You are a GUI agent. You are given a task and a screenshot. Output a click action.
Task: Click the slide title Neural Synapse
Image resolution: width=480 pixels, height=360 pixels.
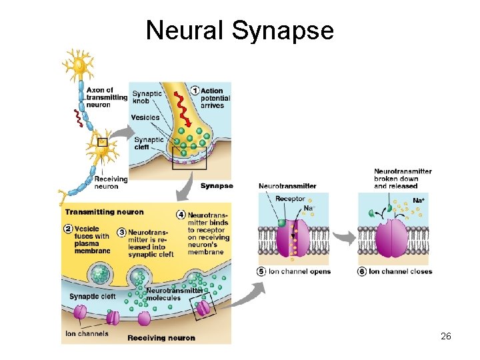pyautogui.click(x=239, y=30)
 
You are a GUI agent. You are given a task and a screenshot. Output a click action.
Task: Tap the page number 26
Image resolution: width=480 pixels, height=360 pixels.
pyautogui.click(x=446, y=336)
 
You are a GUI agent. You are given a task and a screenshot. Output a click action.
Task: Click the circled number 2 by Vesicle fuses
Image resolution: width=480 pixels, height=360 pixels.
pyautogui.click(x=68, y=228)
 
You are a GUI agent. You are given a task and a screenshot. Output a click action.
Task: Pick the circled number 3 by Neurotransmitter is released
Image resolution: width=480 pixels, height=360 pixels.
pyautogui.click(x=121, y=232)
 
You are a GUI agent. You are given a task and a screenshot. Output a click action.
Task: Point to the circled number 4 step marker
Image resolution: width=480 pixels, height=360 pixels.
pyautogui.click(x=181, y=215)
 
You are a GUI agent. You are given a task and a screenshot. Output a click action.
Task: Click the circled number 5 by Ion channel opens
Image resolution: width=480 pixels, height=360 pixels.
pyautogui.click(x=261, y=271)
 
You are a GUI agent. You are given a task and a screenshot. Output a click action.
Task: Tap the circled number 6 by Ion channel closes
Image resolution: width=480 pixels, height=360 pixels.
pyautogui.click(x=362, y=271)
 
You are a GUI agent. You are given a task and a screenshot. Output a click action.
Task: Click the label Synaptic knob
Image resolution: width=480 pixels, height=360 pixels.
pyautogui.click(x=147, y=97)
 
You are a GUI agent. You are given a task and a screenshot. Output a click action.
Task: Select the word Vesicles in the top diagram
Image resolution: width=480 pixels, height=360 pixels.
pyautogui.click(x=145, y=117)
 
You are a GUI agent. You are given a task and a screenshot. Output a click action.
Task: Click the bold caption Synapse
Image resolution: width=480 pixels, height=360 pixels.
pyautogui.click(x=217, y=186)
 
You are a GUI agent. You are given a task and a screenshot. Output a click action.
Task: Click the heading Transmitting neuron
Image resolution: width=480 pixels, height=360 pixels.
pyautogui.click(x=104, y=212)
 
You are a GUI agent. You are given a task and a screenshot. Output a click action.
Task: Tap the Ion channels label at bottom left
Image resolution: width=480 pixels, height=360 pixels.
pyautogui.click(x=87, y=333)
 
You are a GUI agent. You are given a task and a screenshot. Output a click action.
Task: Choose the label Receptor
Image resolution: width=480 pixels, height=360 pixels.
pyautogui.click(x=290, y=199)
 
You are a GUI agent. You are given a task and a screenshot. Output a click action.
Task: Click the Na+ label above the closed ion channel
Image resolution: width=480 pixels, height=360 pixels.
pyautogui.click(x=419, y=200)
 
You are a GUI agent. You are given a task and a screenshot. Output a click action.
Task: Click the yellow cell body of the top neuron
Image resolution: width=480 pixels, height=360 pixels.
pyautogui.click(x=81, y=65)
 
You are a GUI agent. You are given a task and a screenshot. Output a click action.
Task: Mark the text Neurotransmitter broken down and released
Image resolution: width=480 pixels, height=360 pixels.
pyautogui.click(x=403, y=179)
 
